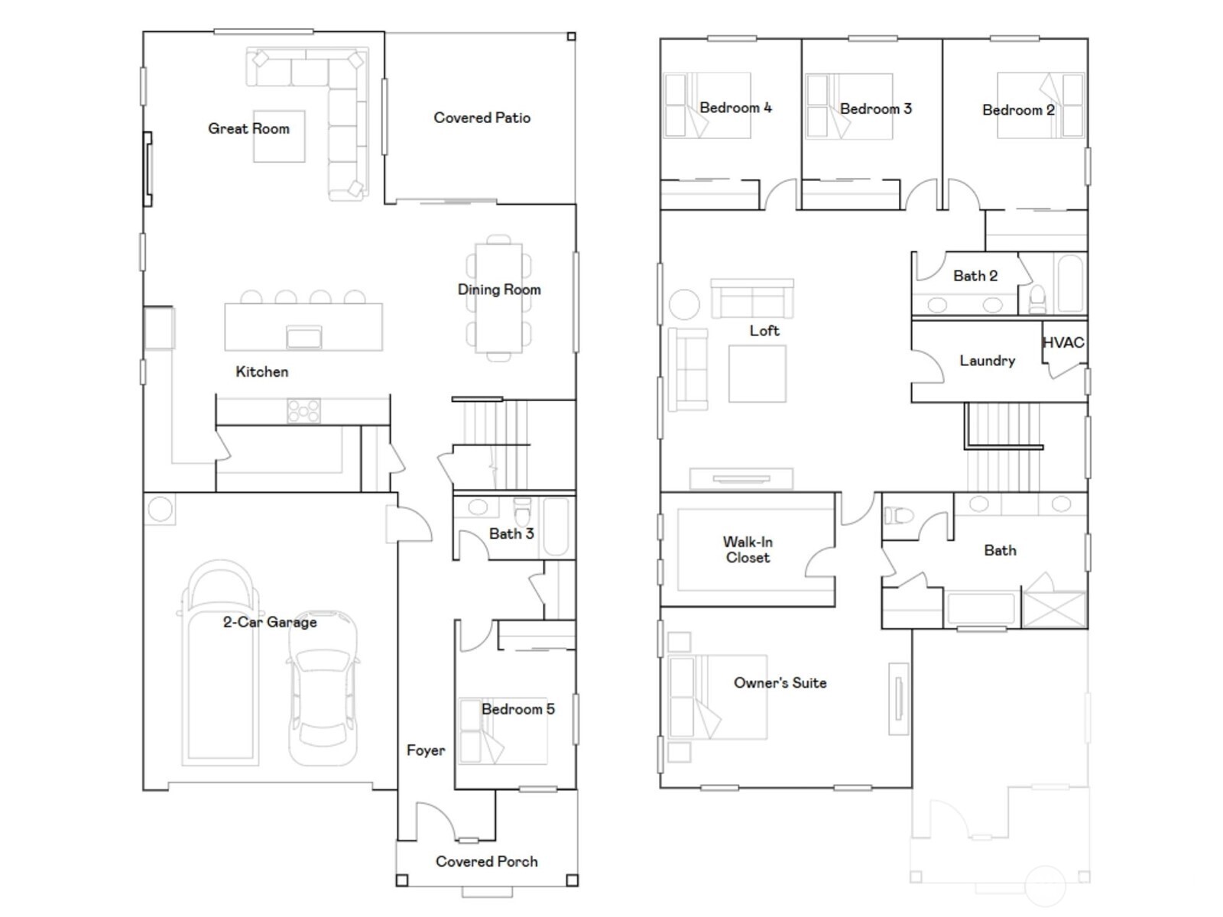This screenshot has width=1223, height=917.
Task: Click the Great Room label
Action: (x=248, y=128)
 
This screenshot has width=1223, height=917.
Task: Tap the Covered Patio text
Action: (x=482, y=118)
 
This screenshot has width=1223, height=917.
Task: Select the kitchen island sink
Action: (x=303, y=336)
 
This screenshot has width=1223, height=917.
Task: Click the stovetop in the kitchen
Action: (x=303, y=411)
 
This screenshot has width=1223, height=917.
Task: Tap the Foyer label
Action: (x=425, y=750)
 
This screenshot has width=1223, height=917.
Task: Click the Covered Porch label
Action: (x=486, y=861)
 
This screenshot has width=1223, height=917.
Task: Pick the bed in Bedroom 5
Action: (x=503, y=731)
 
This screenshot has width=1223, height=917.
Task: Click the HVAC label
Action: (x=1063, y=342)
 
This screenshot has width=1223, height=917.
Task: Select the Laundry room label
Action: (x=987, y=361)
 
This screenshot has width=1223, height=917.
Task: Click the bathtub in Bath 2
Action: (x=1070, y=283)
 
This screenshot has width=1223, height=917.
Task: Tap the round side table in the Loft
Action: (x=683, y=304)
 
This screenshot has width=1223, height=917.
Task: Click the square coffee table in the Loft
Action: (x=757, y=374)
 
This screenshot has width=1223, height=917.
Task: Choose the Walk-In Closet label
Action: (x=748, y=549)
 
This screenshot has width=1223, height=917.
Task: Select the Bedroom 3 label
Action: (x=875, y=109)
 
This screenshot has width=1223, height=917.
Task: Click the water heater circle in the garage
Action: (x=160, y=509)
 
